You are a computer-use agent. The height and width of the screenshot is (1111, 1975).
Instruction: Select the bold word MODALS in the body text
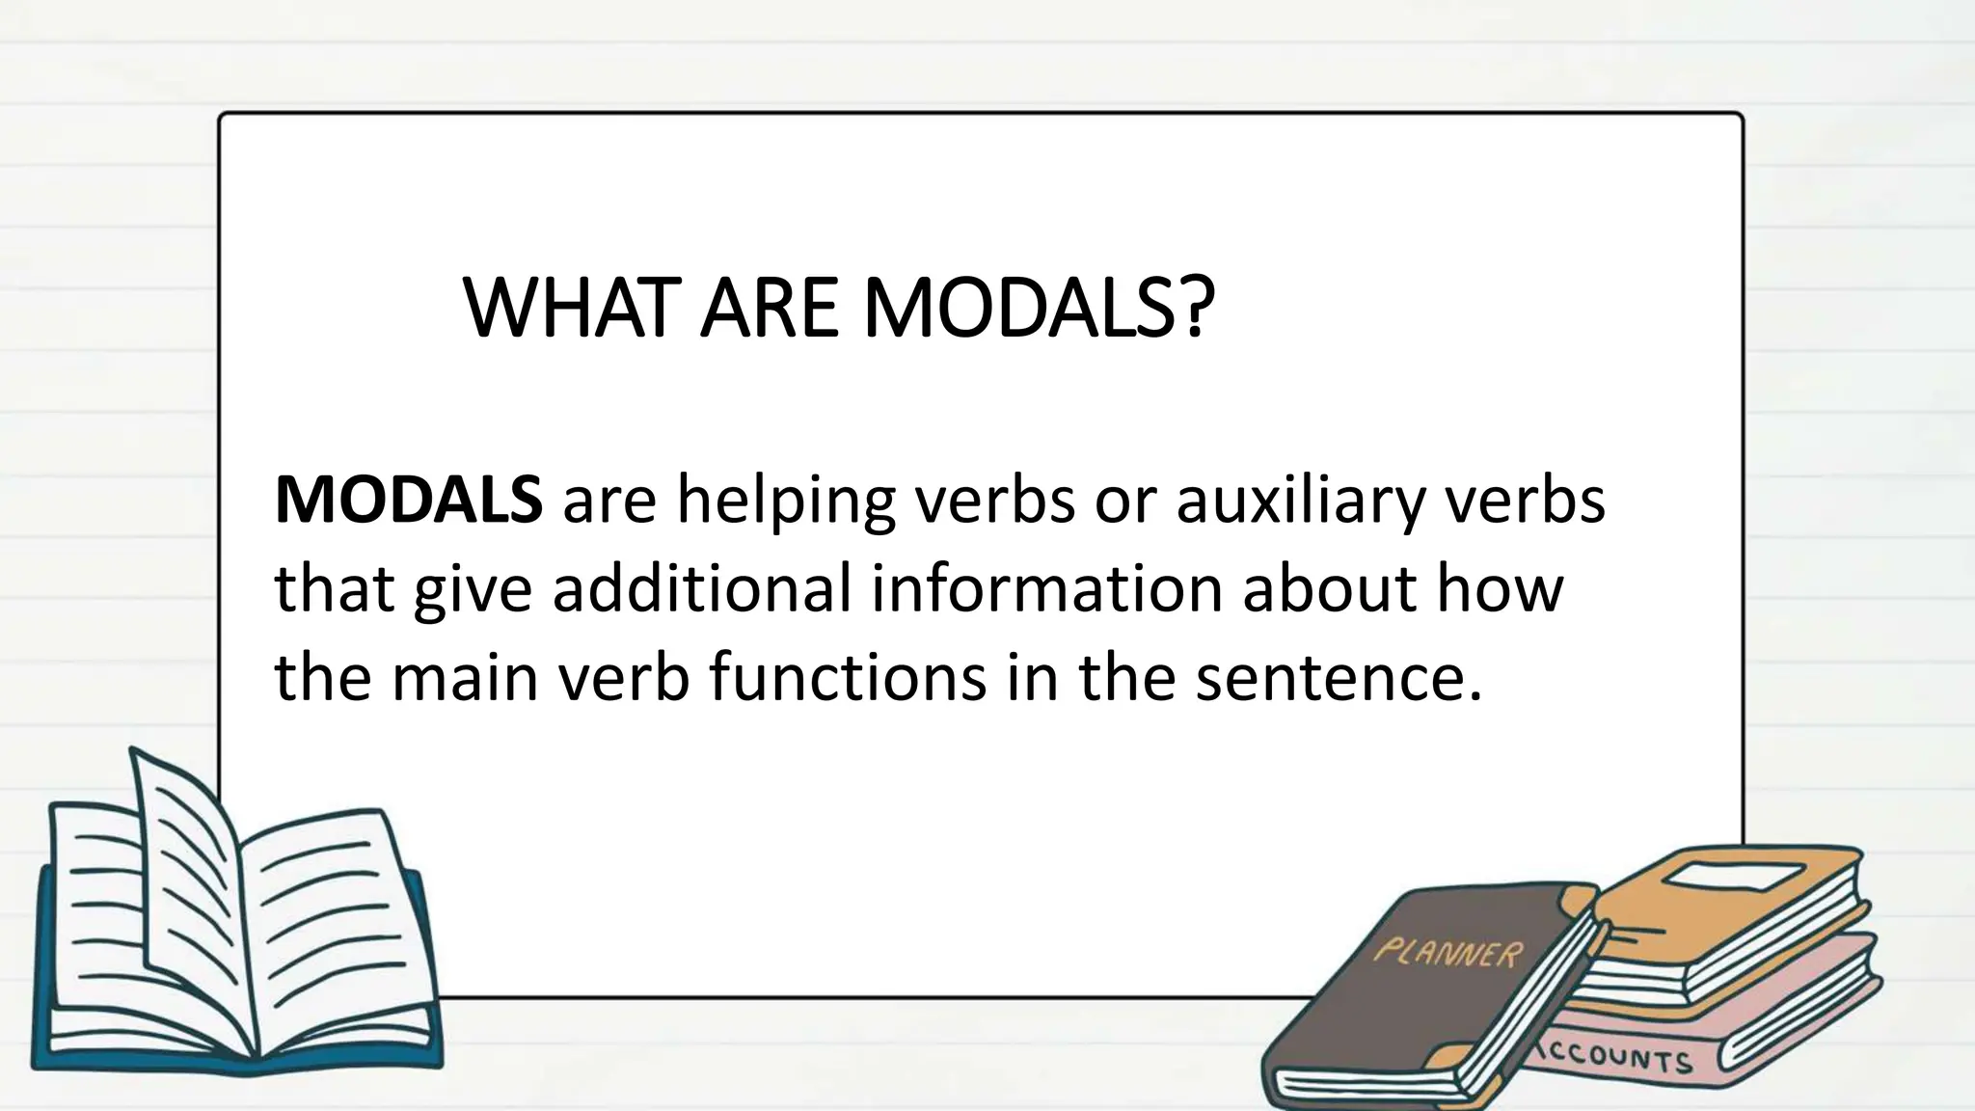tap(408, 500)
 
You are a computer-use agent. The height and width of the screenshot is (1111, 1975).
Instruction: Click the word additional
tap(702, 588)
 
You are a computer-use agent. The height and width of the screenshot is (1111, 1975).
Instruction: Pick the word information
tap(1046, 588)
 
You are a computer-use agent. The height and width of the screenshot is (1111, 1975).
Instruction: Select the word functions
tap(848, 677)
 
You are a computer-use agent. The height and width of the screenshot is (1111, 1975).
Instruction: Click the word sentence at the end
tap(1337, 677)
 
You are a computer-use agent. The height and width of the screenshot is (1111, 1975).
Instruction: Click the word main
tap(464, 677)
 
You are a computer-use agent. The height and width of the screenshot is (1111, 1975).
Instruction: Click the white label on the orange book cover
tap(1735, 878)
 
